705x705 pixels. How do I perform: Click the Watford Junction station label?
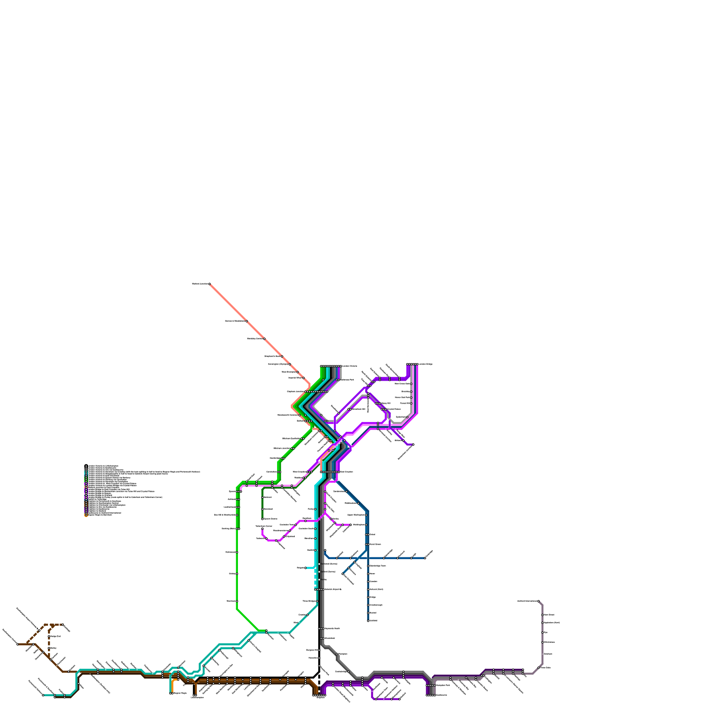[200, 284]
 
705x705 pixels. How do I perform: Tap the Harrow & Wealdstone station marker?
[247, 321]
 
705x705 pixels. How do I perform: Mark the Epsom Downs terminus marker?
[262, 519]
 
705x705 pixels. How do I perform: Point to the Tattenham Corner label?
[263, 526]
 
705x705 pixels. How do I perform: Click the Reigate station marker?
[305, 568]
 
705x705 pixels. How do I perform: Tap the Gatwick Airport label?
[333, 589]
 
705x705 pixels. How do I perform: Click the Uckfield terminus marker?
[368, 621]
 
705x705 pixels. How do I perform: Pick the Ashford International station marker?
[538, 601]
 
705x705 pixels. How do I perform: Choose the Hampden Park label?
[443, 685]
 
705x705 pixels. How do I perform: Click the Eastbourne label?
[442, 695]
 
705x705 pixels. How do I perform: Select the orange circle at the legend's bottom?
[86, 515]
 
